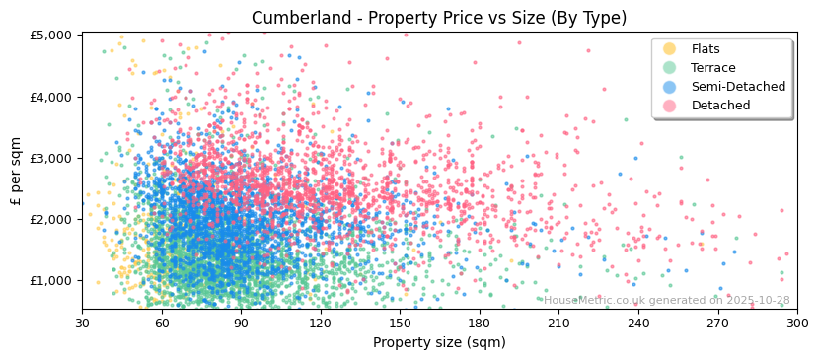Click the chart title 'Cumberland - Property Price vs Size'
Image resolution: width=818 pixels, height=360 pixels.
[439, 18]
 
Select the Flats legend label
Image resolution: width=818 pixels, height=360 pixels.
[705, 49]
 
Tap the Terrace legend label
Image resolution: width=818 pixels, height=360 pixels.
[712, 68]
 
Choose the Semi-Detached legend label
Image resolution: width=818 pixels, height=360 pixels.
[738, 87]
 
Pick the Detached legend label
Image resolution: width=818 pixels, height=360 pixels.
[720, 106]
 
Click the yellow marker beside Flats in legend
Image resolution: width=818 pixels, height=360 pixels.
[670, 49]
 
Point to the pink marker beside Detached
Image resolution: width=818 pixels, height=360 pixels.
[670, 106]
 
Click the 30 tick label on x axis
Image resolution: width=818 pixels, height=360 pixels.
[82, 323]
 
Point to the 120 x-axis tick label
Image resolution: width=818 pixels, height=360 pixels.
[320, 323]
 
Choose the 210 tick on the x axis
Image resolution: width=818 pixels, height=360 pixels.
[558, 323]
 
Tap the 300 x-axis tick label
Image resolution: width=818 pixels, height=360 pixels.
[796, 323]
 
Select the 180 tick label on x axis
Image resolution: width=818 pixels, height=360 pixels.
[479, 323]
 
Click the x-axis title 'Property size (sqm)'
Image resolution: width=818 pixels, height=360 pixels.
[439, 342]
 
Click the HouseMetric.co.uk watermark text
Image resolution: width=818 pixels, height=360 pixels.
[666, 300]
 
